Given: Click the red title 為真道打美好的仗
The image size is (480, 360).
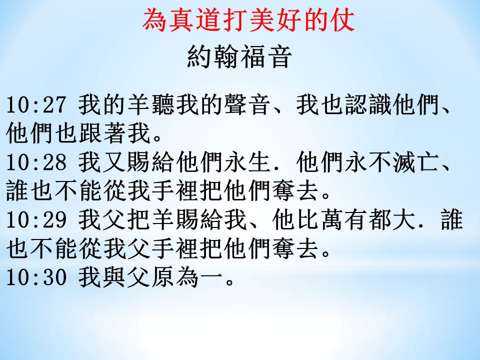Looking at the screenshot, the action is point(248,20).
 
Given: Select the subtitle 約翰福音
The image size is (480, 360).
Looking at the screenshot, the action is point(238,56).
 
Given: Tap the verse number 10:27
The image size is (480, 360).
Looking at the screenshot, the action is point(36,104).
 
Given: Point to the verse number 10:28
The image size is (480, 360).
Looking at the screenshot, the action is point(36,162).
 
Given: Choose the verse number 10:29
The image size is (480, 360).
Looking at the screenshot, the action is point(36,220).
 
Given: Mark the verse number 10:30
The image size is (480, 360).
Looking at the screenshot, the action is point(36,277).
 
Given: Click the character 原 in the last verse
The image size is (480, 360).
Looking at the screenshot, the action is point(163,277).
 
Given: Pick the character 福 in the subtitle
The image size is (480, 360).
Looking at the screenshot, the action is point(251,56).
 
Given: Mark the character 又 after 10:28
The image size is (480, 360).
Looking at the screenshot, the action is point(115,162).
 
